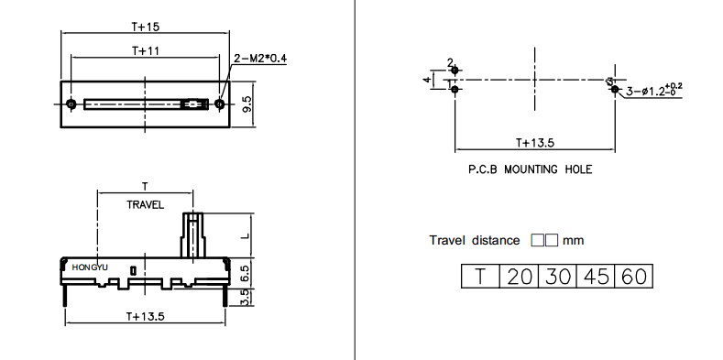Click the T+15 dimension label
(x=146, y=27)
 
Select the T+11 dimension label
(x=146, y=50)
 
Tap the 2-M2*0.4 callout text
(x=260, y=59)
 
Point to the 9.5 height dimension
(x=247, y=104)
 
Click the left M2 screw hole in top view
(x=71, y=104)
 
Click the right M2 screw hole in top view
(x=220, y=104)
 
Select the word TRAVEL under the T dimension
(x=146, y=205)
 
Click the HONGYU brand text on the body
(x=90, y=267)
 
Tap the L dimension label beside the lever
(x=246, y=235)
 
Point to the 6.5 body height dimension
(x=246, y=272)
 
